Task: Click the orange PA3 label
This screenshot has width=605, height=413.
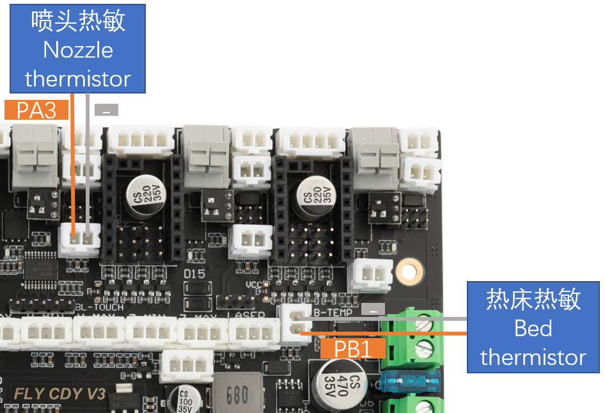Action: click(36, 110)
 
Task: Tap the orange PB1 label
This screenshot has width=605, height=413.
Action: click(354, 348)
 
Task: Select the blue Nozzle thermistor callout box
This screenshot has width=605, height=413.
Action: click(78, 49)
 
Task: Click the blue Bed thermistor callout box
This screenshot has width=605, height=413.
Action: click(533, 328)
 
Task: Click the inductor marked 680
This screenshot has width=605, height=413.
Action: click(237, 394)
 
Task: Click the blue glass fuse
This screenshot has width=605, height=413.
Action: click(409, 382)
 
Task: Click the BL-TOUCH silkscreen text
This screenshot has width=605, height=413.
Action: click(99, 307)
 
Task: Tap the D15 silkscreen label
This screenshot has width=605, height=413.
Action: click(194, 274)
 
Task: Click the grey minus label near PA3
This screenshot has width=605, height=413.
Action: click(106, 110)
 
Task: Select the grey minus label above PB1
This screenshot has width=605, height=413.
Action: click(373, 310)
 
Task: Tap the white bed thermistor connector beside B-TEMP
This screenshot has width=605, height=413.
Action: click(295, 321)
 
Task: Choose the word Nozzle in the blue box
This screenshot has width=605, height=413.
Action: click(78, 49)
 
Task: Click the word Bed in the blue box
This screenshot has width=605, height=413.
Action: click(533, 328)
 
